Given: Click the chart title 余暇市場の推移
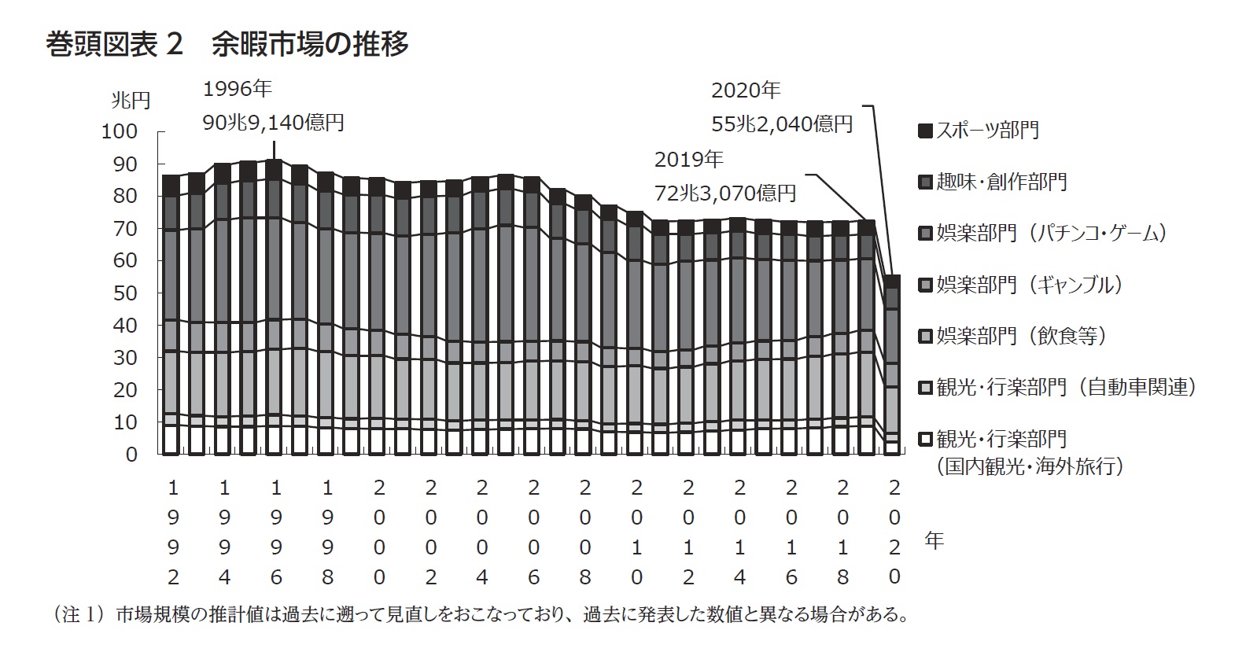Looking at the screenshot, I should tap(310, 45).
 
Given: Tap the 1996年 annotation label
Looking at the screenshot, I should tap(237, 90).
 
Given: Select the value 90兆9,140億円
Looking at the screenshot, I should tap(273, 123).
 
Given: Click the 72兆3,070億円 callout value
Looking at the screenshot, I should tap(725, 193).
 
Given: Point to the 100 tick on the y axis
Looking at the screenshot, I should tap(119, 131).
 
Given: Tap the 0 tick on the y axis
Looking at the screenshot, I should tap(131, 455).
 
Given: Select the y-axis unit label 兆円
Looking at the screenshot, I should tap(130, 101).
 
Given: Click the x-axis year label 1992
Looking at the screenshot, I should tap(173, 532).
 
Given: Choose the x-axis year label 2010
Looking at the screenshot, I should tap(636, 532).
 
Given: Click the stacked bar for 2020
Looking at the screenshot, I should tap(892, 366).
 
